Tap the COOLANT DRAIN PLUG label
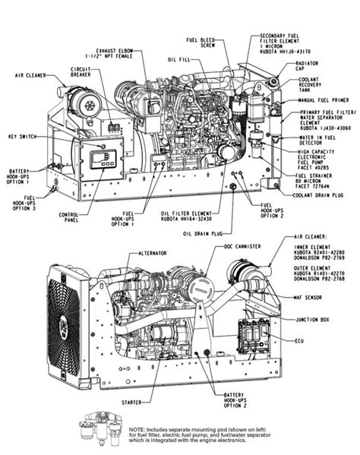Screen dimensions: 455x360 pos(316,196)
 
